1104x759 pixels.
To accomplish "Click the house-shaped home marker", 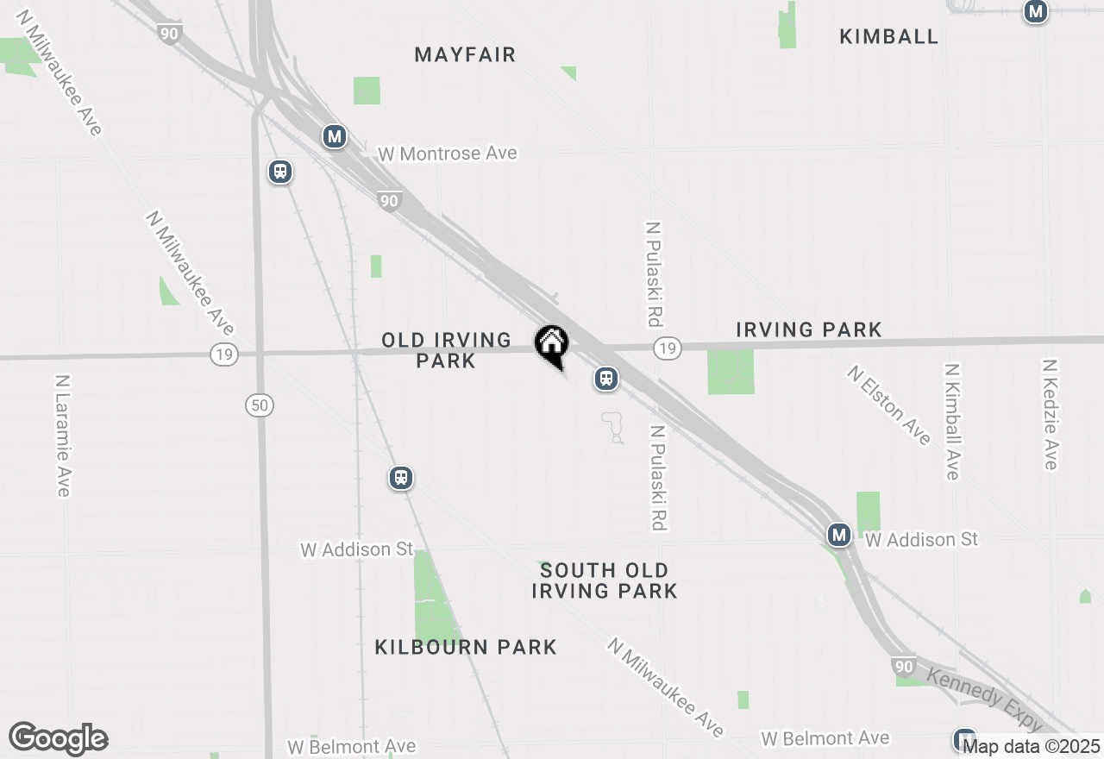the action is tap(551, 345).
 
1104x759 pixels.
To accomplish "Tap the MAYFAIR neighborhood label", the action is tap(465, 55).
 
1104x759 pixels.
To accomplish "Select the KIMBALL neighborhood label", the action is tap(888, 36).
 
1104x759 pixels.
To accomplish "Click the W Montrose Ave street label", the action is tap(448, 154).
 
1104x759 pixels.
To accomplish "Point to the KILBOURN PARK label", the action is tap(466, 647).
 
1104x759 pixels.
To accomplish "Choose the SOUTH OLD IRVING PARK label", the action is tap(604, 580).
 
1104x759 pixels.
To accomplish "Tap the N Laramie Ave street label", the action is tap(62, 436).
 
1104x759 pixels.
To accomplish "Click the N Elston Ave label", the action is tap(889, 405).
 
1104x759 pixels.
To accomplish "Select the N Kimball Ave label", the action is tap(951, 421).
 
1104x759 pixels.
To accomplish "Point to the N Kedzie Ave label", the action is tap(1050, 415).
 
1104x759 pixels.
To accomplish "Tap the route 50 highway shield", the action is tap(260, 405).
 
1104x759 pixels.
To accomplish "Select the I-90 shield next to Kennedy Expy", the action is tap(904, 667).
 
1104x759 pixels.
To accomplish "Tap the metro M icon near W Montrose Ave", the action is tap(335, 136).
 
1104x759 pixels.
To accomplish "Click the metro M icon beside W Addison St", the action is tap(838, 535).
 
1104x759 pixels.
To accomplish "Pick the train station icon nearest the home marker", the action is tap(606, 379).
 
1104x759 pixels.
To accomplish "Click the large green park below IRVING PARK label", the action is tap(731, 372).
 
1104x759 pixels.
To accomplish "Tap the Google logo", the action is tap(59, 739).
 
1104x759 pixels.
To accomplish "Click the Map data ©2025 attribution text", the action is tap(1031, 746).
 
